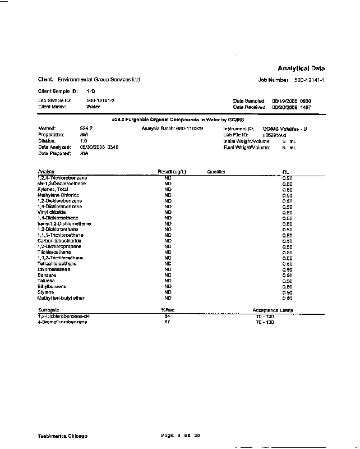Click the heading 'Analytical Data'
(x=301, y=68)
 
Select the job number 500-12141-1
(x=310, y=80)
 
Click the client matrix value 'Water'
(x=93, y=106)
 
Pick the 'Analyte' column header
(x=46, y=171)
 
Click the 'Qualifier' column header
(x=216, y=171)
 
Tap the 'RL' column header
(x=286, y=171)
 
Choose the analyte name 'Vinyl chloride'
(x=50, y=212)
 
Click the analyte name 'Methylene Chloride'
(x=56, y=195)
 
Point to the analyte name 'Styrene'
(x=46, y=292)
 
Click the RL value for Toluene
(x=287, y=281)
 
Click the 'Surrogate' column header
(x=48, y=310)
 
